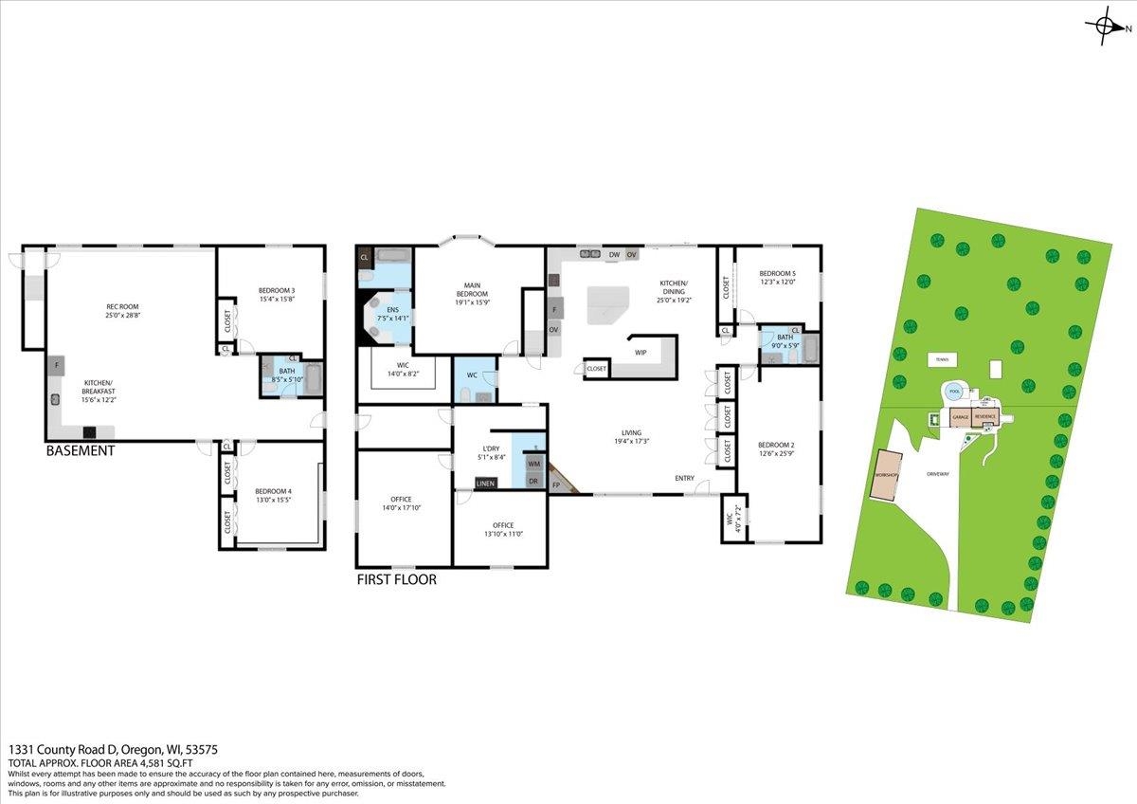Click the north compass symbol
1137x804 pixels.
tap(1106, 27)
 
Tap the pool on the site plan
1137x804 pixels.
tap(953, 392)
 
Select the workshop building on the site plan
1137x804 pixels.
tap(887, 485)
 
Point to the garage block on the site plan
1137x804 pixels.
tap(960, 417)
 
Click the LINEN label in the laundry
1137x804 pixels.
tap(485, 484)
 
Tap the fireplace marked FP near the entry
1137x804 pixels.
tap(556, 484)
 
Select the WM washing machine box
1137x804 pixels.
tap(534, 464)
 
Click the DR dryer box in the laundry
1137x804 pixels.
tap(534, 482)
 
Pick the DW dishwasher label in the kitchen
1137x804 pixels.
tap(614, 255)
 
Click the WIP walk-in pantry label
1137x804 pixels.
tap(641, 353)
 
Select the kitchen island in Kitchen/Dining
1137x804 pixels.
tap(607, 305)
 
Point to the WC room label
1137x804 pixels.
tap(472, 375)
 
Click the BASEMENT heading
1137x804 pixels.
tap(81, 451)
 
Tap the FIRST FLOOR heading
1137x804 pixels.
tap(396, 579)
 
